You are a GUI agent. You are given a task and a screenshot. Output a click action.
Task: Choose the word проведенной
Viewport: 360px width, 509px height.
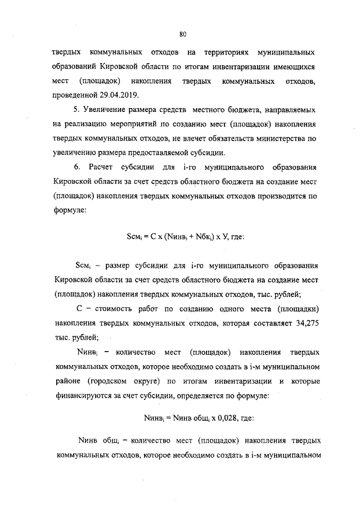click(75, 94)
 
